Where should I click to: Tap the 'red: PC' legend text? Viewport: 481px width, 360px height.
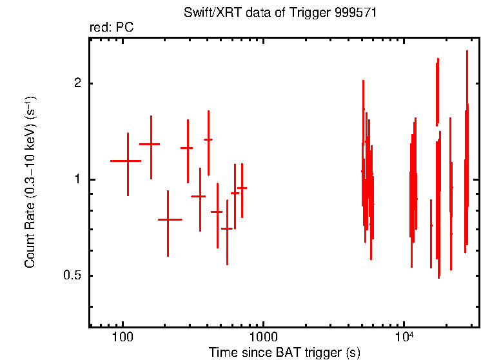(111, 28)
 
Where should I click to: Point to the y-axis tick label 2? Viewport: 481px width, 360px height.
(77, 83)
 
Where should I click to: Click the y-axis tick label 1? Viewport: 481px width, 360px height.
(77, 179)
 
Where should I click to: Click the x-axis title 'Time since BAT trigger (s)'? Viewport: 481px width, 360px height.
(284, 352)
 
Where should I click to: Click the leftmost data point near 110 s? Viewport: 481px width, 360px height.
(128, 161)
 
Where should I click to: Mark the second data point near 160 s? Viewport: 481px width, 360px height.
(151, 145)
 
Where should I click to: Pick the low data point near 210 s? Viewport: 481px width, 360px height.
(168, 219)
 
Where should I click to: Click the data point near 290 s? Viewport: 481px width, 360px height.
(188, 148)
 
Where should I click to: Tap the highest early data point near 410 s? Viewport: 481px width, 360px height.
(208, 139)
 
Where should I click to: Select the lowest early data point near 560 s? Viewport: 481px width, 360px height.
(227, 228)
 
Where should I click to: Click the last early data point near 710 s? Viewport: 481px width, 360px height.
(242, 188)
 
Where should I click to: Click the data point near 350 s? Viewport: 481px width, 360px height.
(199, 196)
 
